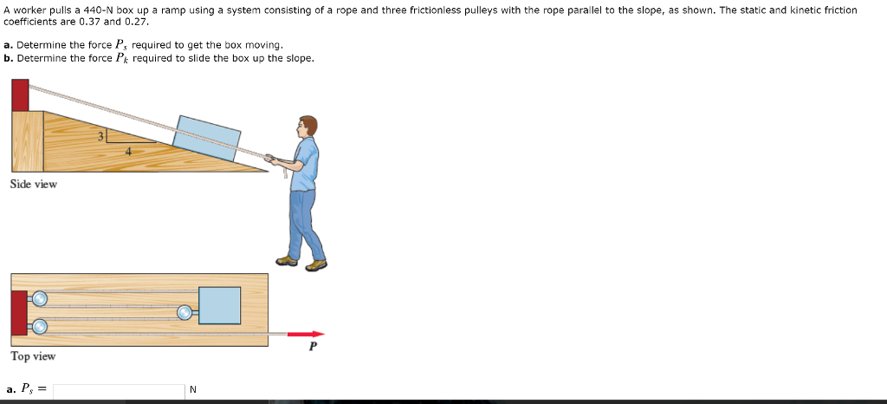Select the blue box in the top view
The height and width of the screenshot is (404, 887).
pyautogui.click(x=219, y=305)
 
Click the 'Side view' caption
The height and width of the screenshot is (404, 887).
pyautogui.click(x=34, y=184)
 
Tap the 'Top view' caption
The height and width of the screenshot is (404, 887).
pyautogui.click(x=33, y=356)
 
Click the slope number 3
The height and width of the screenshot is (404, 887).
pyautogui.click(x=100, y=136)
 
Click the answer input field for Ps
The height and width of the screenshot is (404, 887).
pyautogui.click(x=118, y=390)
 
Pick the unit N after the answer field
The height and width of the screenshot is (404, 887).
pyautogui.click(x=192, y=390)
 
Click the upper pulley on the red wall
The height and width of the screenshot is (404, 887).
pyautogui.click(x=39, y=299)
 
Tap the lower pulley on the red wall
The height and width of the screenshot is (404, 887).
pyautogui.click(x=39, y=327)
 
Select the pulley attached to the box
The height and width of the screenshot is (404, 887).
pyautogui.click(x=185, y=312)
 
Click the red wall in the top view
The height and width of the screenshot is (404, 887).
pyautogui.click(x=18, y=313)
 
